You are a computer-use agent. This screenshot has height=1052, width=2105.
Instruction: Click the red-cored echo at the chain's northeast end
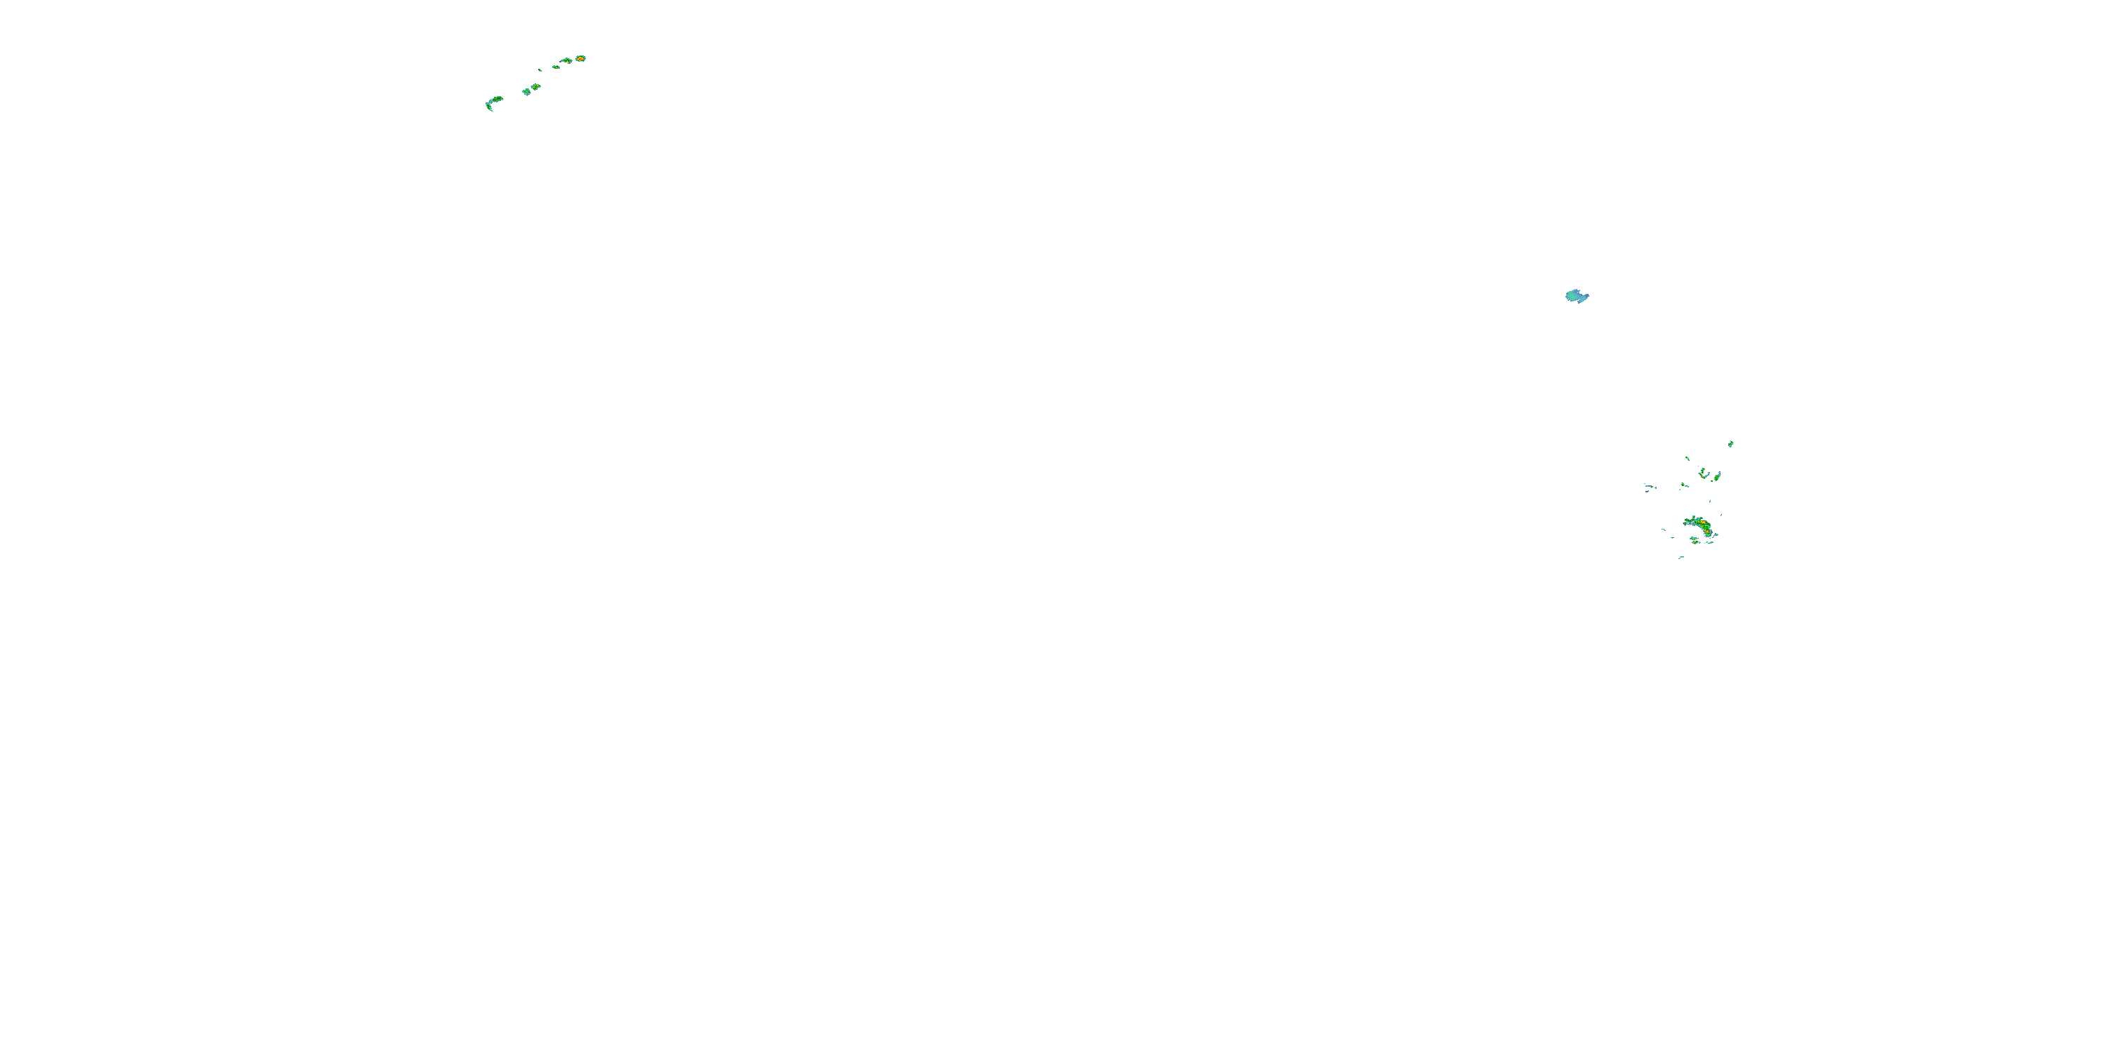580,58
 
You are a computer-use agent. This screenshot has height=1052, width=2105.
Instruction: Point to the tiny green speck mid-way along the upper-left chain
540,70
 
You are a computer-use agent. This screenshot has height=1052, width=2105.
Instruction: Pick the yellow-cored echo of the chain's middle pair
536,86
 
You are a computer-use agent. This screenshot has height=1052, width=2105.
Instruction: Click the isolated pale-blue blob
1575,296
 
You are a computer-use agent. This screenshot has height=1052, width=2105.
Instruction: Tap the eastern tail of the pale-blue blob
1585,297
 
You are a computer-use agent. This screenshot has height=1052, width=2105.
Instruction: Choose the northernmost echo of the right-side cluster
1731,443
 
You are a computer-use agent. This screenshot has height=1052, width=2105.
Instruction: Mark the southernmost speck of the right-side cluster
1681,558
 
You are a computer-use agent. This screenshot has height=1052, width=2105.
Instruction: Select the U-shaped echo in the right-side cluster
1703,473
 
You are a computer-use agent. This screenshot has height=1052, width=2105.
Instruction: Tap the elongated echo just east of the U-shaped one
1718,476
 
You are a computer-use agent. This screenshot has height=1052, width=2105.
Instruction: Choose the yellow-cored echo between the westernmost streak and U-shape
1683,485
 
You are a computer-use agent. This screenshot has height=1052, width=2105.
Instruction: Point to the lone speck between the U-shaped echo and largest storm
1711,502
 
